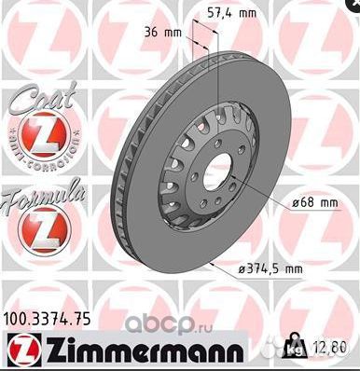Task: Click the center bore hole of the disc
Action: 216,173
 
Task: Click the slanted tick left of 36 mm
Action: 194,42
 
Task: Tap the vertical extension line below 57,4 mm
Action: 217,75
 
